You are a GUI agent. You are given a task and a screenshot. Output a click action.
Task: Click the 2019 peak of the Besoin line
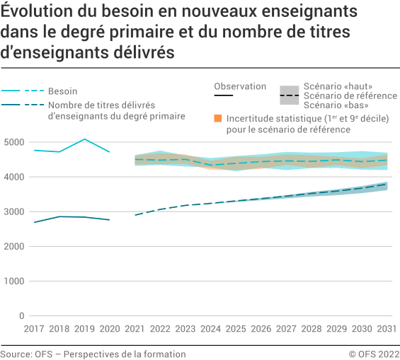(84, 139)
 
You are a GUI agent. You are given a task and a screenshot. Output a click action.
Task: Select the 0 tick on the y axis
(22, 316)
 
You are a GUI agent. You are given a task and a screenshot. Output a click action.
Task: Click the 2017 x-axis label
(33, 329)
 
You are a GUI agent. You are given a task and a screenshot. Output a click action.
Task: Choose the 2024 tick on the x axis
(211, 329)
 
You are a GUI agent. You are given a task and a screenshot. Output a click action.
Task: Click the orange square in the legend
(218, 117)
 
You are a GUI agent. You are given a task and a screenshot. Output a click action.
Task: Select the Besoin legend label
(62, 91)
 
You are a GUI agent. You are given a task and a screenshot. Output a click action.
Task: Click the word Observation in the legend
(240, 86)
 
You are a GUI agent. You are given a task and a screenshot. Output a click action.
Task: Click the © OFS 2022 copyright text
(373, 354)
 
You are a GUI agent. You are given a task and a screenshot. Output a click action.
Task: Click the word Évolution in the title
(32, 13)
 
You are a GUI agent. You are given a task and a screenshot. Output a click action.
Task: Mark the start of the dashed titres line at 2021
(135, 215)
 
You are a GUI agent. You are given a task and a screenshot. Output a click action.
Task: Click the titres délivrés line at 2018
(59, 216)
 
